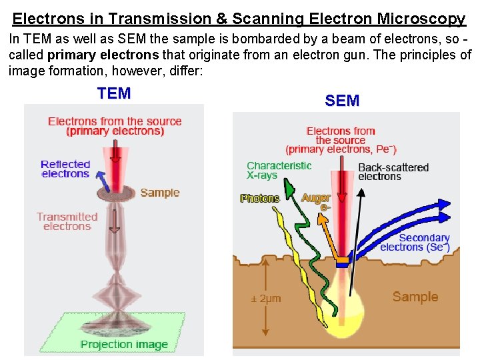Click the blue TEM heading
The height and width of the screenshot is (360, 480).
(114, 93)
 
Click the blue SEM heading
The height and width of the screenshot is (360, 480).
(342, 101)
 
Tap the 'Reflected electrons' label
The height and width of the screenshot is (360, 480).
(65, 169)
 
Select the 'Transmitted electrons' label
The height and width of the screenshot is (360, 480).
(67, 221)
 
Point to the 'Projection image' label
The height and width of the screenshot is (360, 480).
(124, 344)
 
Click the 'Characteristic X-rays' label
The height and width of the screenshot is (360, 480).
(279, 170)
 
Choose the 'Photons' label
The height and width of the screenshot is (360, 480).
(260, 198)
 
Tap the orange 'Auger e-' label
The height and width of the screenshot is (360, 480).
(317, 201)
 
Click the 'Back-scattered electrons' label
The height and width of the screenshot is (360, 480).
(393, 171)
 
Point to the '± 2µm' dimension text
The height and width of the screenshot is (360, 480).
(265, 298)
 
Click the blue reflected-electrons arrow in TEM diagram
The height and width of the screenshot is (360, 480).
(101, 181)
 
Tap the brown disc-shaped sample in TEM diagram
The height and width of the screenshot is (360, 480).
(117, 194)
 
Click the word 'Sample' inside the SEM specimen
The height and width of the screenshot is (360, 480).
(415, 297)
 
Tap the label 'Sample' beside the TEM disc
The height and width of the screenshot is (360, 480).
(160, 193)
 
